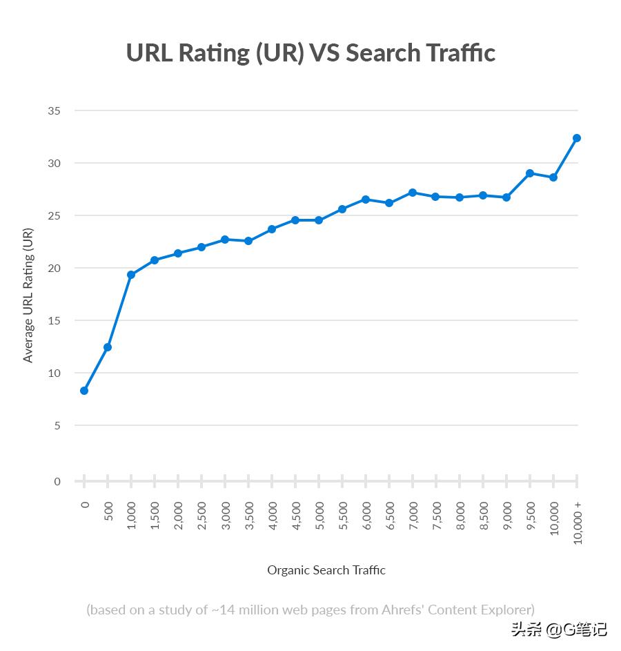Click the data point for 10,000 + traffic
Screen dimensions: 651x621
(577, 138)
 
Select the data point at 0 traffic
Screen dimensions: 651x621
(84, 391)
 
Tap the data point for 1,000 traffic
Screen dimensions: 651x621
(131, 275)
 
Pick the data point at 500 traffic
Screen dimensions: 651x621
(108, 347)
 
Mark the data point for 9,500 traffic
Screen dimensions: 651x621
(530, 173)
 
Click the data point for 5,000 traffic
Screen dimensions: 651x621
(319, 220)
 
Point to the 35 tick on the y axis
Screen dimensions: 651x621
(55, 111)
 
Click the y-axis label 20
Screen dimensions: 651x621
(55, 268)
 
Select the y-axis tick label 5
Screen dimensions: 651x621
(57, 426)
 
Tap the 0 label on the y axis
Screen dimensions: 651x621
(57, 481)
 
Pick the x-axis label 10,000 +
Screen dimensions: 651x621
(578, 523)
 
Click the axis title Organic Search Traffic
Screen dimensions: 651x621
(326, 570)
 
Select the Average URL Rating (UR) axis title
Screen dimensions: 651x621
(28, 295)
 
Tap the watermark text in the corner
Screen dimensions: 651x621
(558, 630)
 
